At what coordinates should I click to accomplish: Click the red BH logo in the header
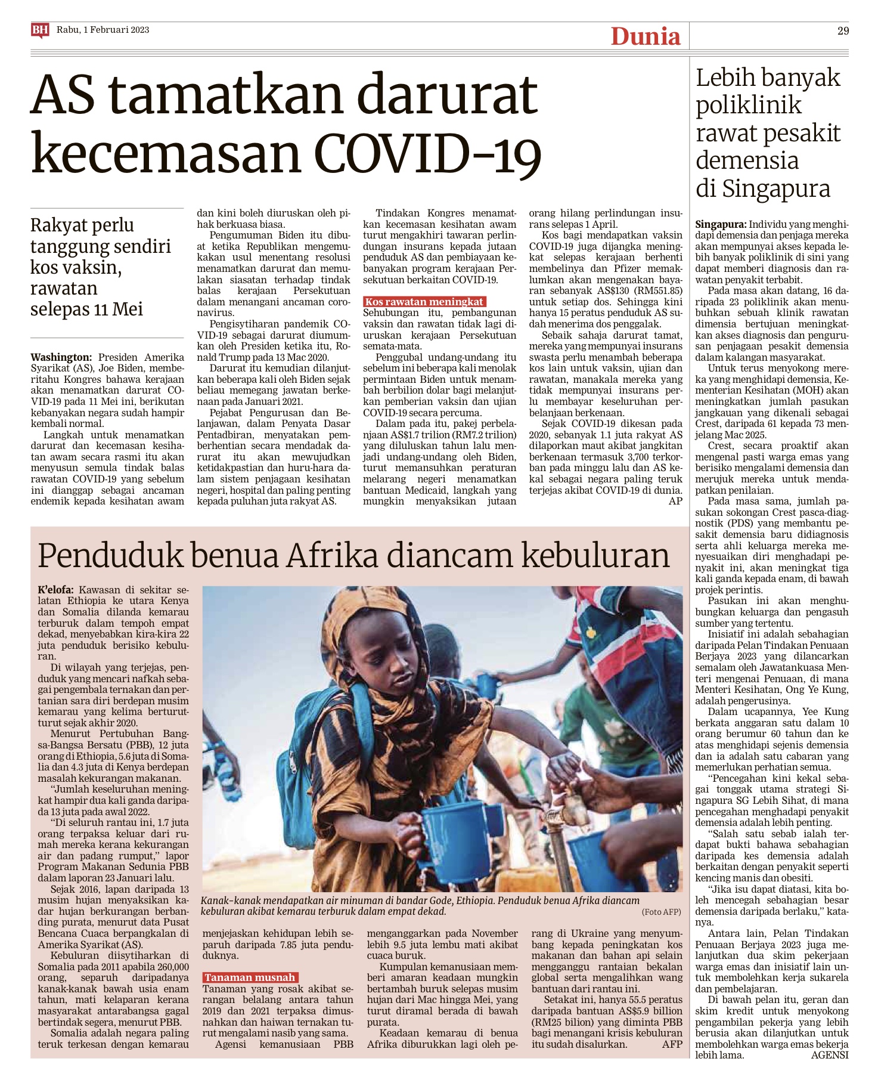tap(40, 30)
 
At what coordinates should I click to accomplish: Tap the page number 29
tap(842, 31)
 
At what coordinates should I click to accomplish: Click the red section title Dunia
tap(646, 37)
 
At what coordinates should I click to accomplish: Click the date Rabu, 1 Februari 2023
tap(103, 30)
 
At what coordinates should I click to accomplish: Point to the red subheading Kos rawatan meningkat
tap(424, 302)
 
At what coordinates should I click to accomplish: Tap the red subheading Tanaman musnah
tap(250, 977)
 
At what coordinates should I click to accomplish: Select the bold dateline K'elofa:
tap(56, 590)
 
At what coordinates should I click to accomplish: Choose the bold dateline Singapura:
tap(721, 225)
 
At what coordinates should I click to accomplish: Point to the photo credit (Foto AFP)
tap(661, 912)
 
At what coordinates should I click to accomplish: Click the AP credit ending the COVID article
tap(675, 501)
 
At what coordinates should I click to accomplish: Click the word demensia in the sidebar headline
tap(747, 160)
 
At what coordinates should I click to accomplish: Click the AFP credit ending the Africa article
tap(672, 1044)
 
